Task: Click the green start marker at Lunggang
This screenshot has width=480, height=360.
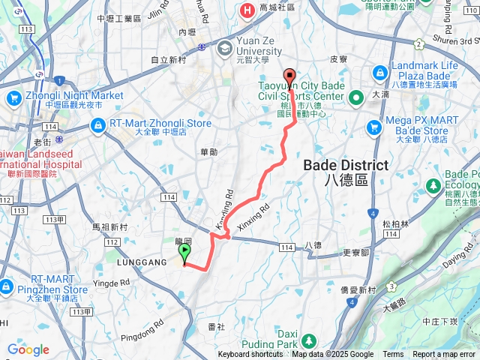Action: tap(185, 253)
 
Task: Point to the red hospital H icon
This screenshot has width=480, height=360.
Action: tap(246, 10)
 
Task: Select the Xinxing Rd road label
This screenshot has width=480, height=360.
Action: tap(253, 213)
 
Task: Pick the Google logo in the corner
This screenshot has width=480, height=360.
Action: tap(28, 349)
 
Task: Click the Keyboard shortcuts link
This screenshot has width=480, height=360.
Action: tap(250, 355)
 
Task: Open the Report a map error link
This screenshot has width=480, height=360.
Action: tap(445, 355)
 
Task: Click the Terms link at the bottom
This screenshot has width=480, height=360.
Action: tap(393, 355)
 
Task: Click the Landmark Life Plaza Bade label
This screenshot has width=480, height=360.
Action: tap(424, 71)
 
